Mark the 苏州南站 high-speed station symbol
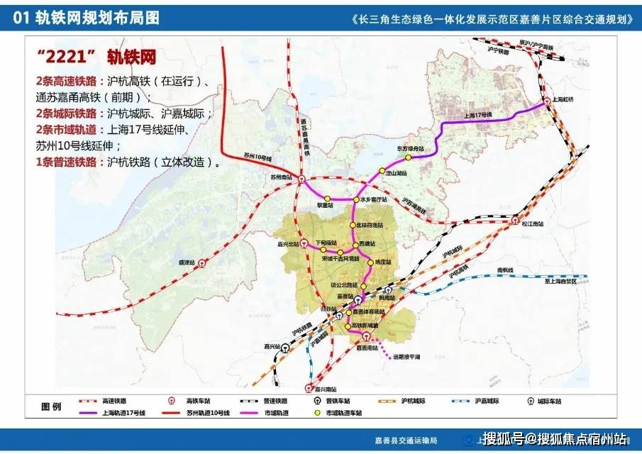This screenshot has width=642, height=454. click(301, 180)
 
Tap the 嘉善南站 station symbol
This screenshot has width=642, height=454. click(367, 336)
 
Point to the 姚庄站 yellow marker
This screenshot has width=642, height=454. click(370, 262)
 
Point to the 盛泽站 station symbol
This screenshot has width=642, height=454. click(203, 262)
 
